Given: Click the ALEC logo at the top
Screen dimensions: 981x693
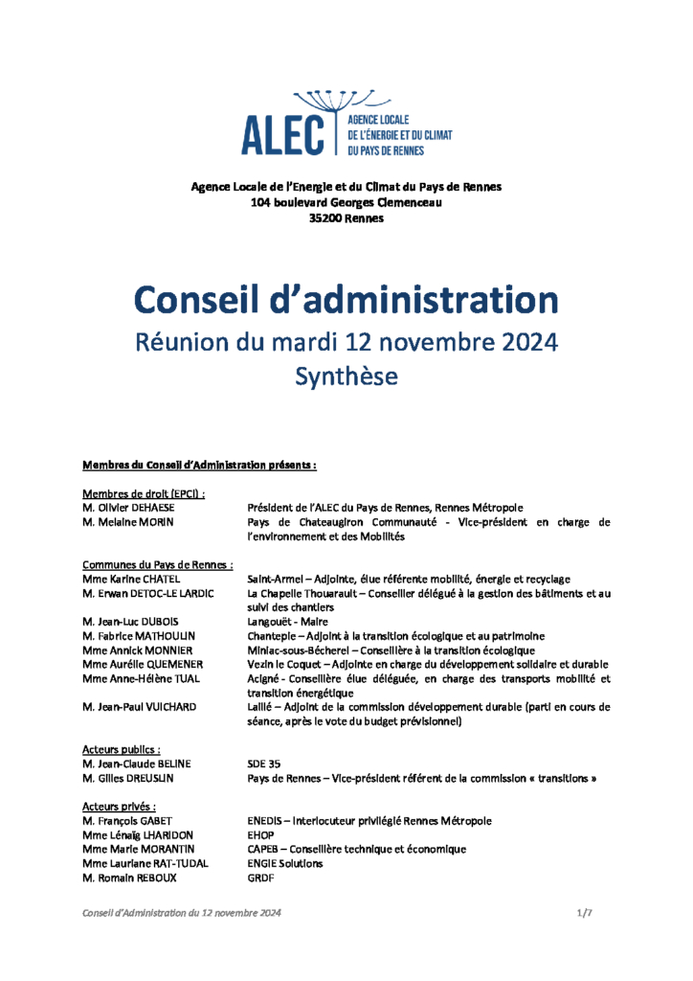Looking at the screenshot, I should coord(346,125).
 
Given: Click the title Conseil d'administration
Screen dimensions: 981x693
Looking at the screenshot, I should coord(346,300).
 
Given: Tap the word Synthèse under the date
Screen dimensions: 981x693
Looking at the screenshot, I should coord(346,376).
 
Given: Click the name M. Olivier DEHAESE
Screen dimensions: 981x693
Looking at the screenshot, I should coord(128,508).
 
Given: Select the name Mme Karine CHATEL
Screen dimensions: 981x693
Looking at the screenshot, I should coord(131,580).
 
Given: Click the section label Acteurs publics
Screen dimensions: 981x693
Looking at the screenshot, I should coord(121,749).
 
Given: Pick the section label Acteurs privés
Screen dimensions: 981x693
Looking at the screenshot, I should coord(119,807).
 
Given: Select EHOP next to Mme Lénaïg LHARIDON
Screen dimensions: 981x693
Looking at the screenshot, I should coord(260,835).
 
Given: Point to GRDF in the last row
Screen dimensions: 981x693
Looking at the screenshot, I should coord(260,878).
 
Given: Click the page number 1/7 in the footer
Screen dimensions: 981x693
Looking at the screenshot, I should coord(585,914).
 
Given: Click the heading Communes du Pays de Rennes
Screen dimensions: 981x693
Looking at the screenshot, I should coord(158,565).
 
